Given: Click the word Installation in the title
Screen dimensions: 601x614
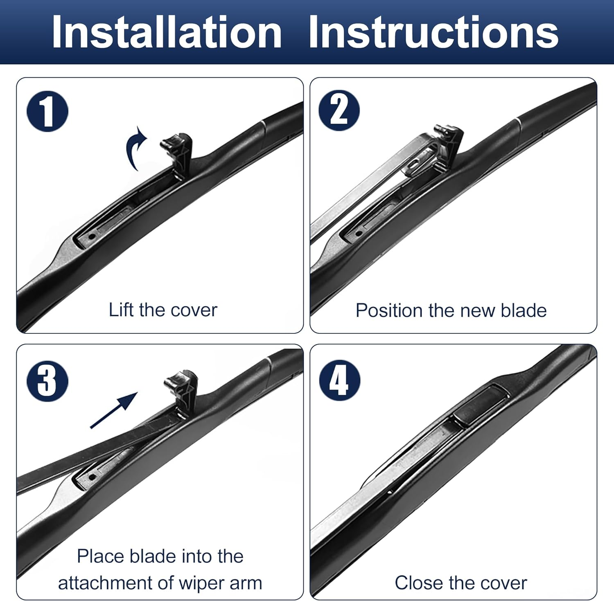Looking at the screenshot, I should (167, 32).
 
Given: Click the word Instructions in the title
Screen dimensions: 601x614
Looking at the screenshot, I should (433, 32).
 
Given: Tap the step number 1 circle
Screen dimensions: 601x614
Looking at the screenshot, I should (47, 112).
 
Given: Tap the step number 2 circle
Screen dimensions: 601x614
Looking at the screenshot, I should (339, 111).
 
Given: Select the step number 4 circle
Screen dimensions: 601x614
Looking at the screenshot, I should (339, 380).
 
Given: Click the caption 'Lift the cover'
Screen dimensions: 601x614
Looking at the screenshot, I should (163, 310).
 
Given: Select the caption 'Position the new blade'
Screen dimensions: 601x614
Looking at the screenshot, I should (451, 311).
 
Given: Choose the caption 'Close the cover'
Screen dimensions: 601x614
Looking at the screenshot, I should (460, 583).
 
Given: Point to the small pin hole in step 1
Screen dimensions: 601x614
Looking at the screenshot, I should (92, 236).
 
